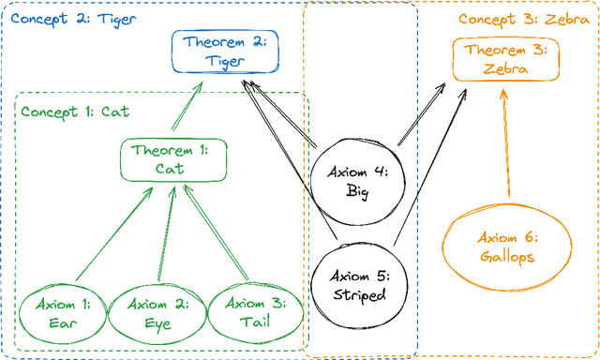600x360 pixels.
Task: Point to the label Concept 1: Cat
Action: pyautogui.click(x=74, y=112)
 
